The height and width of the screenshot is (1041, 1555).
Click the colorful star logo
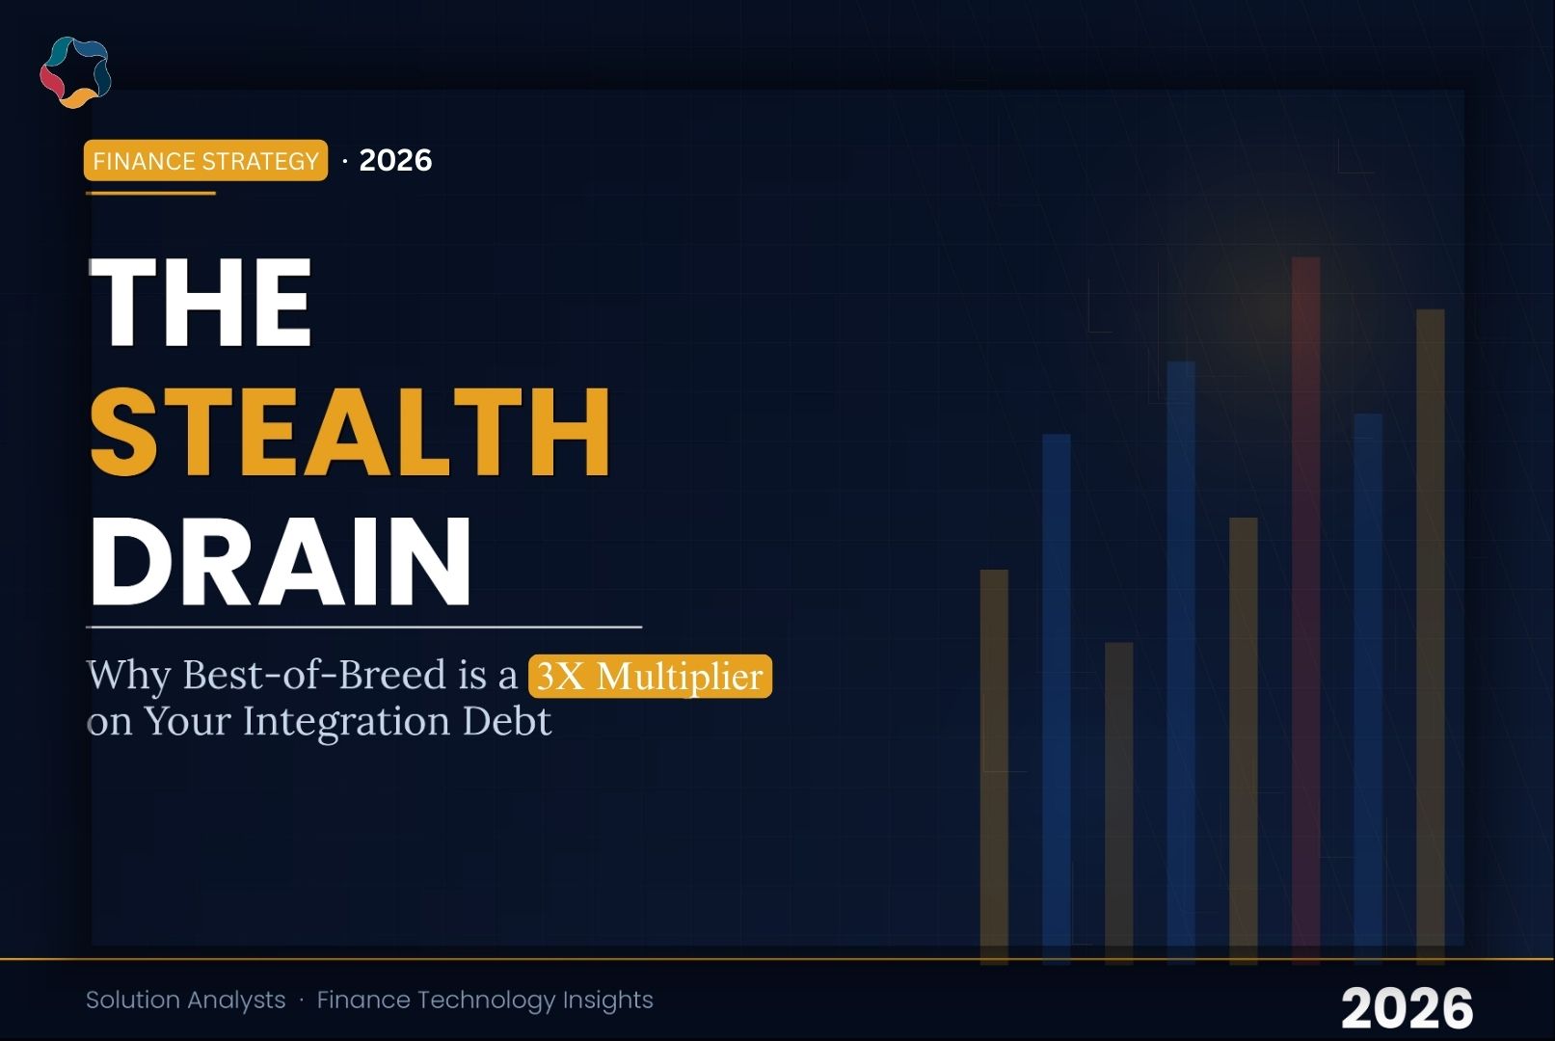(75, 72)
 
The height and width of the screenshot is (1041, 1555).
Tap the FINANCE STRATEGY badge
(205, 160)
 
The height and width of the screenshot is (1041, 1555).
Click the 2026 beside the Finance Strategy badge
(395, 160)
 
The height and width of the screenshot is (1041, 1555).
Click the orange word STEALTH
(350, 431)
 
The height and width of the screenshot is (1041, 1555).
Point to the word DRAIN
(281, 561)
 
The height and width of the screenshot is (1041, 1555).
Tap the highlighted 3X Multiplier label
(650, 676)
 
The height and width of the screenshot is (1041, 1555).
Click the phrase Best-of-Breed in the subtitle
(314, 675)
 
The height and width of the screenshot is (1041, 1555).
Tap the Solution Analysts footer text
(185, 1000)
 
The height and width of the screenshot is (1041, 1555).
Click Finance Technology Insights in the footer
(485, 1000)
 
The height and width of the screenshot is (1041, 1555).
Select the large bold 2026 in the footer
(1407, 1008)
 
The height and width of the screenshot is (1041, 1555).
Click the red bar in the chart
(1305, 607)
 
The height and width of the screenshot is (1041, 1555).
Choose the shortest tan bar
(1118, 800)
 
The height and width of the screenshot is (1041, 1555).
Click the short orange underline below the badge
(150, 193)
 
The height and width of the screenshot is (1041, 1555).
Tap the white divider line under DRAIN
(363, 627)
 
